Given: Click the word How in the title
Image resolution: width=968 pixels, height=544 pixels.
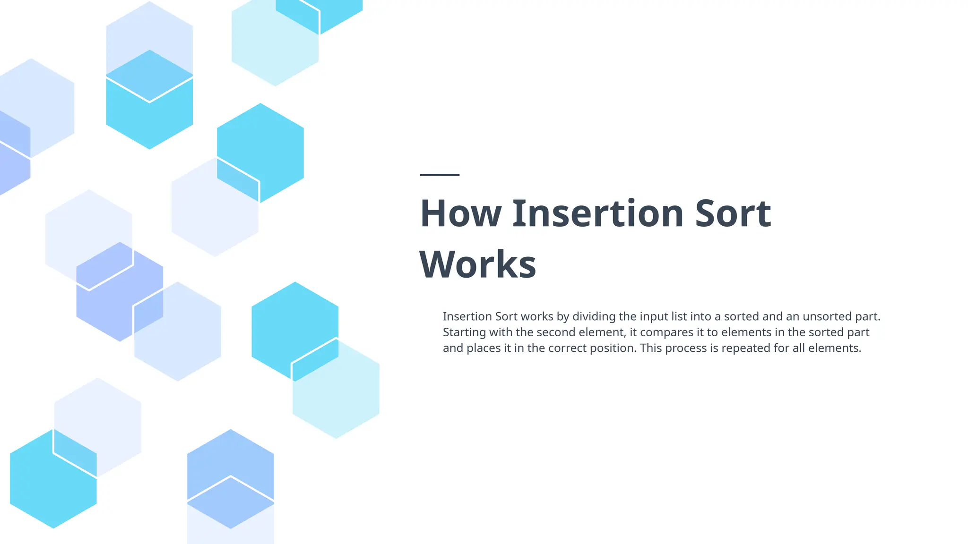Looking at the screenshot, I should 460,213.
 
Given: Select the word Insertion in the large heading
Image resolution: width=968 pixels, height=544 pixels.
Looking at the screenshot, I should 598,213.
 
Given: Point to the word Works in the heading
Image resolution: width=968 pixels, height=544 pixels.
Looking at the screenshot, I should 477,264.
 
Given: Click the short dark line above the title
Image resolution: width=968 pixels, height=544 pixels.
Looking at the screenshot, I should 440,175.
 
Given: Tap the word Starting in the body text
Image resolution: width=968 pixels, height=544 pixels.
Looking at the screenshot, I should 464,332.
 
